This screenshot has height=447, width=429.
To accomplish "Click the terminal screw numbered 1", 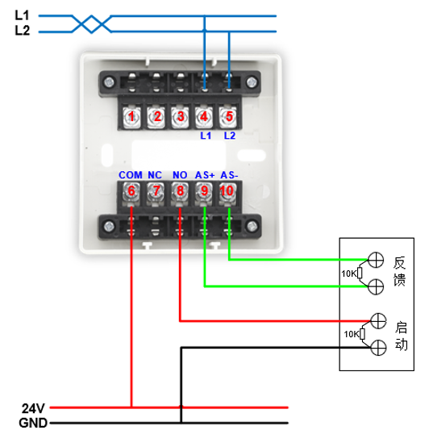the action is point(131,116).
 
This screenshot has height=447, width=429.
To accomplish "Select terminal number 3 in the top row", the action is point(180,116).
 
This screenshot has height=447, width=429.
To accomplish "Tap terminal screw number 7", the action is point(156,191).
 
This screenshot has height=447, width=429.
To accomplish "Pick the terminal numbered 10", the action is point(227,191).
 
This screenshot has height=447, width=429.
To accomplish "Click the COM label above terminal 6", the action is point(131,175).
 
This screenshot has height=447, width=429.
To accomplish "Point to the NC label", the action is point(155,175).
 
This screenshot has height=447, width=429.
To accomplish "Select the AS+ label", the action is point(205,175).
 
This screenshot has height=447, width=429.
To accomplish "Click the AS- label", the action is point(229,175).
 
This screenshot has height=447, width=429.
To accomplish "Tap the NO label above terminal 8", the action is point(180,175).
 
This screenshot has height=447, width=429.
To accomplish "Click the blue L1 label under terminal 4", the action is point(206,136).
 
